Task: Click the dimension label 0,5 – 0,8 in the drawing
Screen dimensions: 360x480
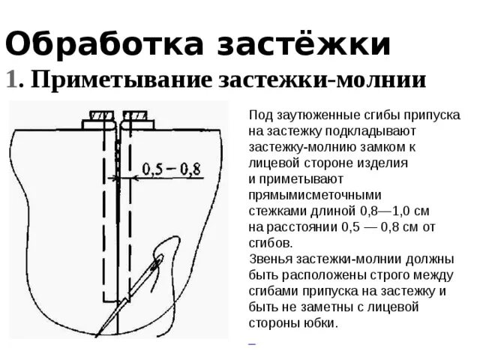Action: pos(174,169)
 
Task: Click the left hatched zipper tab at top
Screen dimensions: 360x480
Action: pos(99,116)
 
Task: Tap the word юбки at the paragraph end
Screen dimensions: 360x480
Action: pos(321,323)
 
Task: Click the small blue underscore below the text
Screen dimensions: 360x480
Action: pos(252,341)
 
